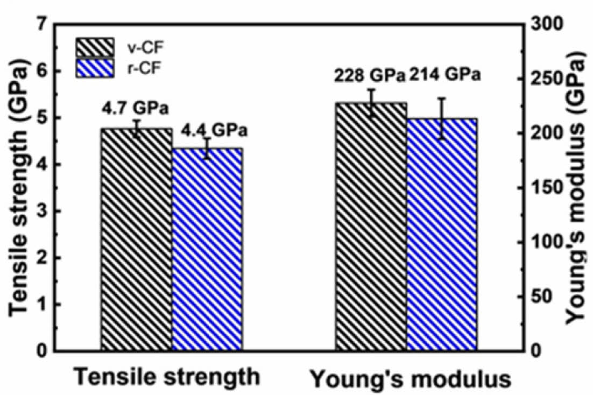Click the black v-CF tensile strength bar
tap(136, 239)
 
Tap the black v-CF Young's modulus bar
tap(371, 226)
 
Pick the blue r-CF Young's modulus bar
tap(442, 234)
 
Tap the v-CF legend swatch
tap(95, 47)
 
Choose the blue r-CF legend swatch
tap(95, 68)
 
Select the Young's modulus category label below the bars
tap(410, 379)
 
